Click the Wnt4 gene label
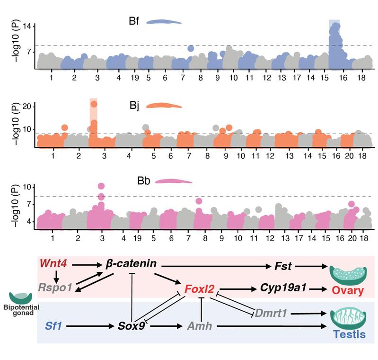pyautogui.click(x=53, y=262)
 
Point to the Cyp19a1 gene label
pyautogui.click(x=279, y=288)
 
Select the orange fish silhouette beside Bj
pyautogui.click(x=164, y=106)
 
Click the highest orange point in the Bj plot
pyautogui.click(x=94, y=104)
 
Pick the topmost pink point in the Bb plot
pyautogui.click(x=101, y=186)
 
